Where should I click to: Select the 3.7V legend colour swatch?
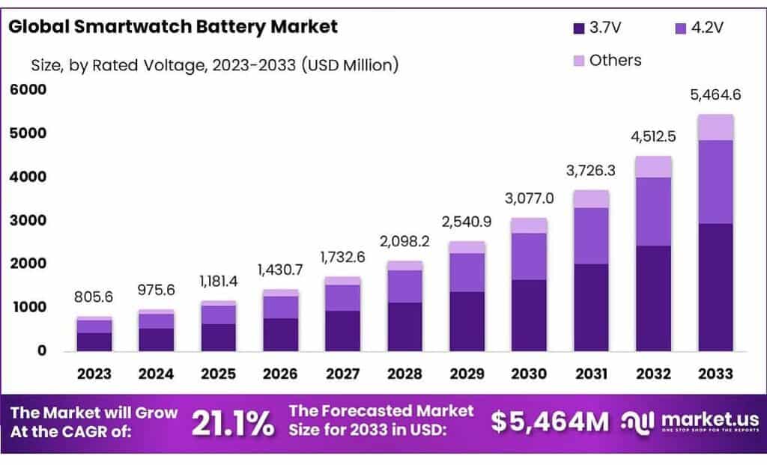[x=578, y=28]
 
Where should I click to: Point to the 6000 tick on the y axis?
[x=28, y=90]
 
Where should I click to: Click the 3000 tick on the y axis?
[x=28, y=221]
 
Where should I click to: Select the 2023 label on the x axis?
[x=94, y=373]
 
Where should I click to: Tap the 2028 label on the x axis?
[x=405, y=373]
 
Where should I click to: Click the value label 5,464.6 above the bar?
[x=715, y=96]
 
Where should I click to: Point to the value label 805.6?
[x=94, y=298]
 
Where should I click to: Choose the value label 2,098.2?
[x=405, y=242]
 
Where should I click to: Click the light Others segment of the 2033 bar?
[x=715, y=127]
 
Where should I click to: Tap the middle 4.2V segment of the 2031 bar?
[x=591, y=236]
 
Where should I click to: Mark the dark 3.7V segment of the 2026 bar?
[x=281, y=334]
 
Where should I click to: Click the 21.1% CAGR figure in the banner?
[x=233, y=423]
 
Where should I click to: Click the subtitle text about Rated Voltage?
[x=213, y=66]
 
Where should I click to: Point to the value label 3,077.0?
[x=529, y=198]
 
